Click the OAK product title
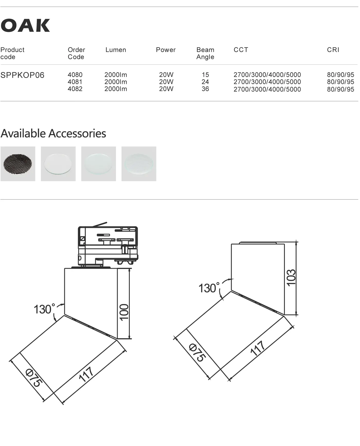coord(25,25)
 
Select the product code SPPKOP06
coord(22,75)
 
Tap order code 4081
coord(75,82)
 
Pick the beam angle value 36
coord(205,89)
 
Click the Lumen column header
coord(116,50)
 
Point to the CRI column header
coord(333,50)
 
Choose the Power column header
coord(166,50)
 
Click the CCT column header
coord(241,50)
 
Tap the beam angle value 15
coord(205,75)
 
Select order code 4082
coord(75,89)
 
